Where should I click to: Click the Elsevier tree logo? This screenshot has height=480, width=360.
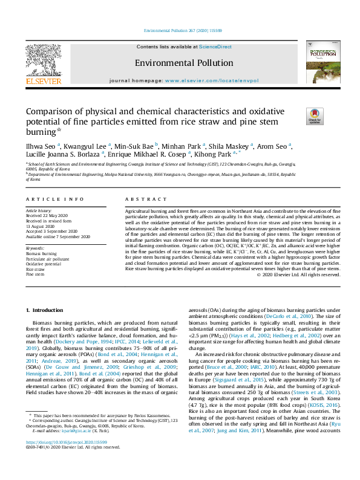pyautogui.click(x=43, y=61)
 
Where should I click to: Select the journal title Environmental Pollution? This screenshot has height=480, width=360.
pyautogui.click(x=180, y=62)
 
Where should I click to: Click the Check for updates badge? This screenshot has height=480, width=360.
pyautogui.click(x=315, y=115)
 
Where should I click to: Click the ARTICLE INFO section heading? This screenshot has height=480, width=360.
pyautogui.click(x=54, y=199)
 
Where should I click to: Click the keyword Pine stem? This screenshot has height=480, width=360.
pyautogui.click(x=35, y=274)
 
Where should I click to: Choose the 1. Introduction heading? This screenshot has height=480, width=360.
pyautogui.click(x=44, y=310)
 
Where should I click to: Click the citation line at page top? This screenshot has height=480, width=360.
pyautogui.click(x=180, y=30)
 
